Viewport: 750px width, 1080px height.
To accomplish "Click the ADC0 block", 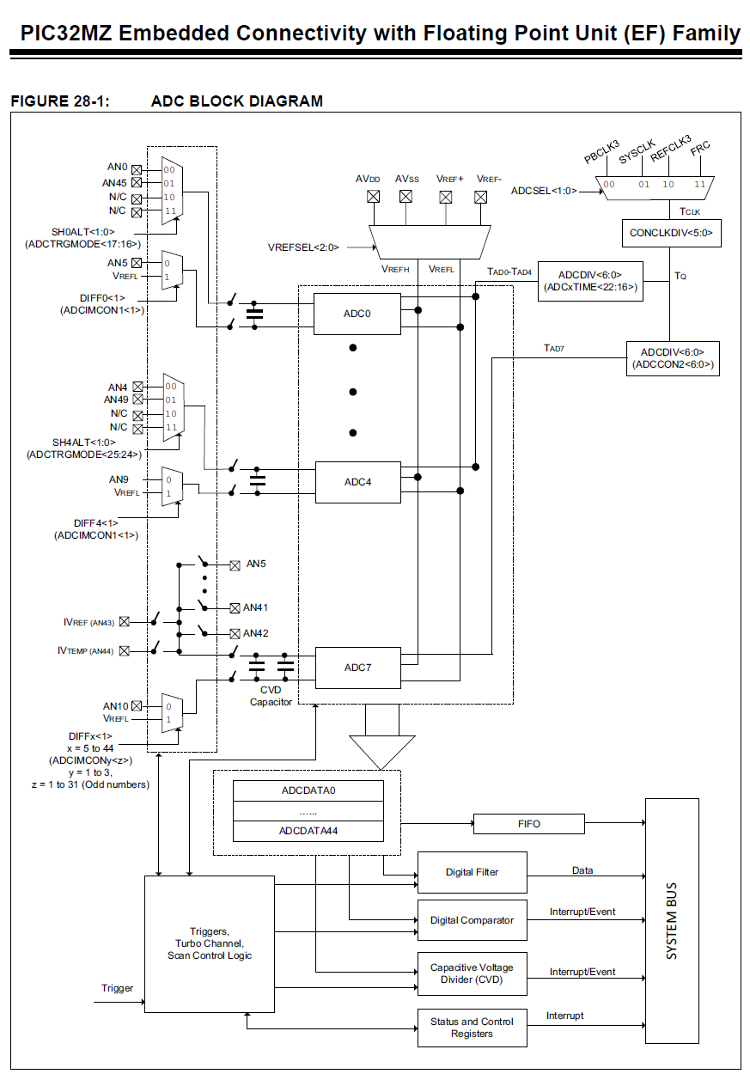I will coord(357,314).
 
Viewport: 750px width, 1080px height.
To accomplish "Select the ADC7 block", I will coord(357,668).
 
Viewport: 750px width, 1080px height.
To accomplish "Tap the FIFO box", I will coord(529,824).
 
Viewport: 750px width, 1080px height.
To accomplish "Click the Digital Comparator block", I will coord(472,920).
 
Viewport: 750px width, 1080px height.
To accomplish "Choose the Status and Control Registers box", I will coord(472,1028).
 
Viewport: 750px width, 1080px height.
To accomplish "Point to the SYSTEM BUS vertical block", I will coord(672,920).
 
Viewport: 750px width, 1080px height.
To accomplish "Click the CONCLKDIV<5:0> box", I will coord(671,233).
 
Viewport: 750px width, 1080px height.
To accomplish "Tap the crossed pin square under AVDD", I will coord(373,196).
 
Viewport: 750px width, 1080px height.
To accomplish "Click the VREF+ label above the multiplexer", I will coord(449,179).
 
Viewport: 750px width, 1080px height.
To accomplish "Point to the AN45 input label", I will coord(115,182).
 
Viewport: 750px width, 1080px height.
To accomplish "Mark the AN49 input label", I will coord(115,400).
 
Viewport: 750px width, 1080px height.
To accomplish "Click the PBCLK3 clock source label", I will coord(601,151).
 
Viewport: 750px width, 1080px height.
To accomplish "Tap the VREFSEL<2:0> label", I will coord(303,247).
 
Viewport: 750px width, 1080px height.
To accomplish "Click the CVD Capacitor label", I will coord(271,695).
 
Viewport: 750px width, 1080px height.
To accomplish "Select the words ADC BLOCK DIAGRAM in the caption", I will coord(237,101).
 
